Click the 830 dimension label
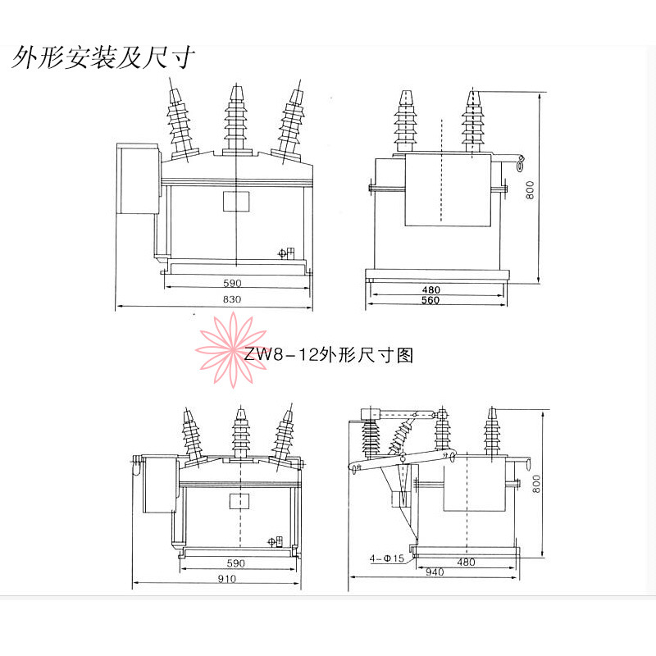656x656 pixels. [x=232, y=299]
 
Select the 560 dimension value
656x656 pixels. [x=430, y=300]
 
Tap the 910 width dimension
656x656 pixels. [x=227, y=579]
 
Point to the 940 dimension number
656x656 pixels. [x=435, y=572]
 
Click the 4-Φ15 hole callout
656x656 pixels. [x=387, y=558]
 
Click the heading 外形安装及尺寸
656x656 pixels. [x=103, y=57]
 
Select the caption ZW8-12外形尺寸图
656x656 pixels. [x=329, y=355]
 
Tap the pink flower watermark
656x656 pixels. [x=231, y=350]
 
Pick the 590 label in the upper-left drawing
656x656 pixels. [x=232, y=283]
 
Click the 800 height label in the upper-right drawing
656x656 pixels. [x=530, y=190]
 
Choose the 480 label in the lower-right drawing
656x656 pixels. [x=466, y=562]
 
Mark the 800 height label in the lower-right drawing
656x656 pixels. [x=536, y=484]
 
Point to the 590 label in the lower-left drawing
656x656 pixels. [x=235, y=563]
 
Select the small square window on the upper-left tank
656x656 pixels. [x=236, y=201]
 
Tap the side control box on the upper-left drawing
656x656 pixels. [x=138, y=179]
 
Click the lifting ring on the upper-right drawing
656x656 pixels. [x=521, y=163]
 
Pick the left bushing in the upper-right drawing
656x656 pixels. [x=404, y=121]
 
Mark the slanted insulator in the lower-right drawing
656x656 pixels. [x=402, y=435]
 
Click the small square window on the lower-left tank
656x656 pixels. [x=239, y=501]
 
